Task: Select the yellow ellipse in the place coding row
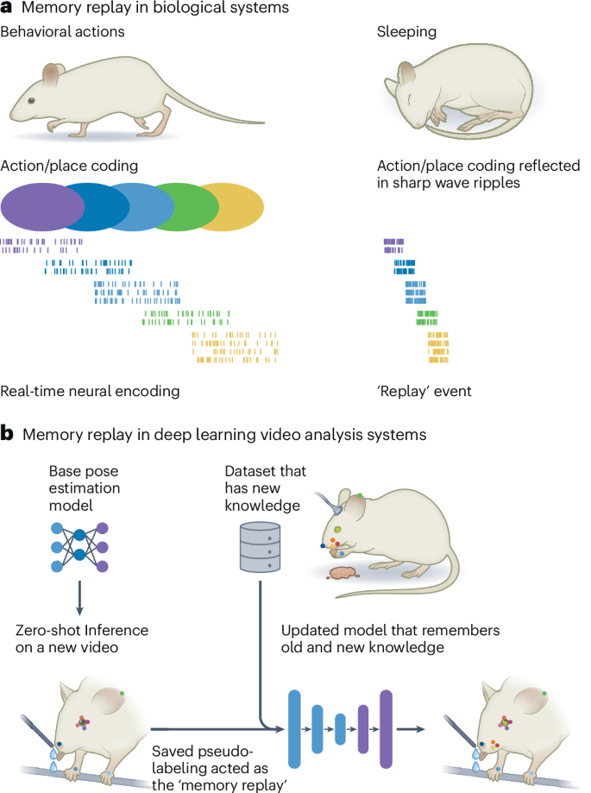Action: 240,205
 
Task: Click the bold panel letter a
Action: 7,8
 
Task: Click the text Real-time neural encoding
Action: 91,391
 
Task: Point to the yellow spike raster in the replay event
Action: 438,346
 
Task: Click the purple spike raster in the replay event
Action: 394,246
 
